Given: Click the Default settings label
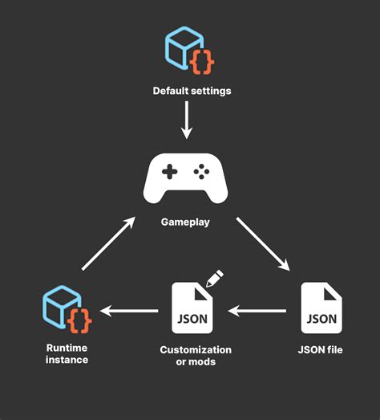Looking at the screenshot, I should tap(192, 91).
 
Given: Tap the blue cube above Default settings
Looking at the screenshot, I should tap(183, 47).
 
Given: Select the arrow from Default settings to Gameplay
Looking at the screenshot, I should tap(187, 120).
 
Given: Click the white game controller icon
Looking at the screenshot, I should tap(186, 178).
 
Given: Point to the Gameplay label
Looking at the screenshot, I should tap(186, 222).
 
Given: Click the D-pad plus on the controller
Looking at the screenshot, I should tap(169, 172).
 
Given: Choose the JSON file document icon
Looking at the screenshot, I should tap(321, 308).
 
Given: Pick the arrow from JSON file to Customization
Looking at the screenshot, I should tap(260, 310).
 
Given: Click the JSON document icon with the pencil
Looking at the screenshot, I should tap(192, 308).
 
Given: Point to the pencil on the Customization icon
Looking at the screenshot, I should tap(214, 279).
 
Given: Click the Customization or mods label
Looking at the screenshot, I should tap(196, 356).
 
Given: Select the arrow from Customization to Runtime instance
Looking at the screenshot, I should tap(128, 310).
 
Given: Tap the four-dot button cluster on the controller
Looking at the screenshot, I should tap(203, 172).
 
